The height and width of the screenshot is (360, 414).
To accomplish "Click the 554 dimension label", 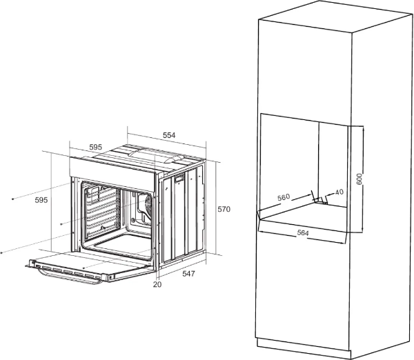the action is pos(169,135).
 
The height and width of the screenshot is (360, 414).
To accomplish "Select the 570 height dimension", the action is pos(224,209).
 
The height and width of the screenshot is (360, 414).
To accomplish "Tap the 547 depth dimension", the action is pos(188,274).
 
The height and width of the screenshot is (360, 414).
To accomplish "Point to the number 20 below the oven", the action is pos(157,285).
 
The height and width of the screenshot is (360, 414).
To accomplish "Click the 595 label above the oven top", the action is pos(96,147).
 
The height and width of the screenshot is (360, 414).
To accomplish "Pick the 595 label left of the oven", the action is pos(41,200).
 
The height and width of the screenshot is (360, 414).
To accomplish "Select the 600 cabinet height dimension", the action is pos(359,179).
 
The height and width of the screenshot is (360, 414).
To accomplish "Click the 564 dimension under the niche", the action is pos(303,233).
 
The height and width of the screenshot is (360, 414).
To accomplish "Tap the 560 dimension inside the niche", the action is pos(284,197).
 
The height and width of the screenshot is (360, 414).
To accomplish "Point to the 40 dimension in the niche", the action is pos(339,192).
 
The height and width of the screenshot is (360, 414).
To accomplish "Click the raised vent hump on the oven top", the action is pos(156,155).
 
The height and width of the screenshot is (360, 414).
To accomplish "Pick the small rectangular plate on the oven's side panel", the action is pos(179,179).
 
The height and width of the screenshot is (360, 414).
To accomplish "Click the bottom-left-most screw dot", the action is pos(2,252).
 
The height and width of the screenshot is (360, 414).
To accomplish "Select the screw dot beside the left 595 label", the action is pos(12,199).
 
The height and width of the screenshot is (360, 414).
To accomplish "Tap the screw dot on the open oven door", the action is pos(83,268).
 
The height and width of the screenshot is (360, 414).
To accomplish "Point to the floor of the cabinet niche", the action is pos(304,215).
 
